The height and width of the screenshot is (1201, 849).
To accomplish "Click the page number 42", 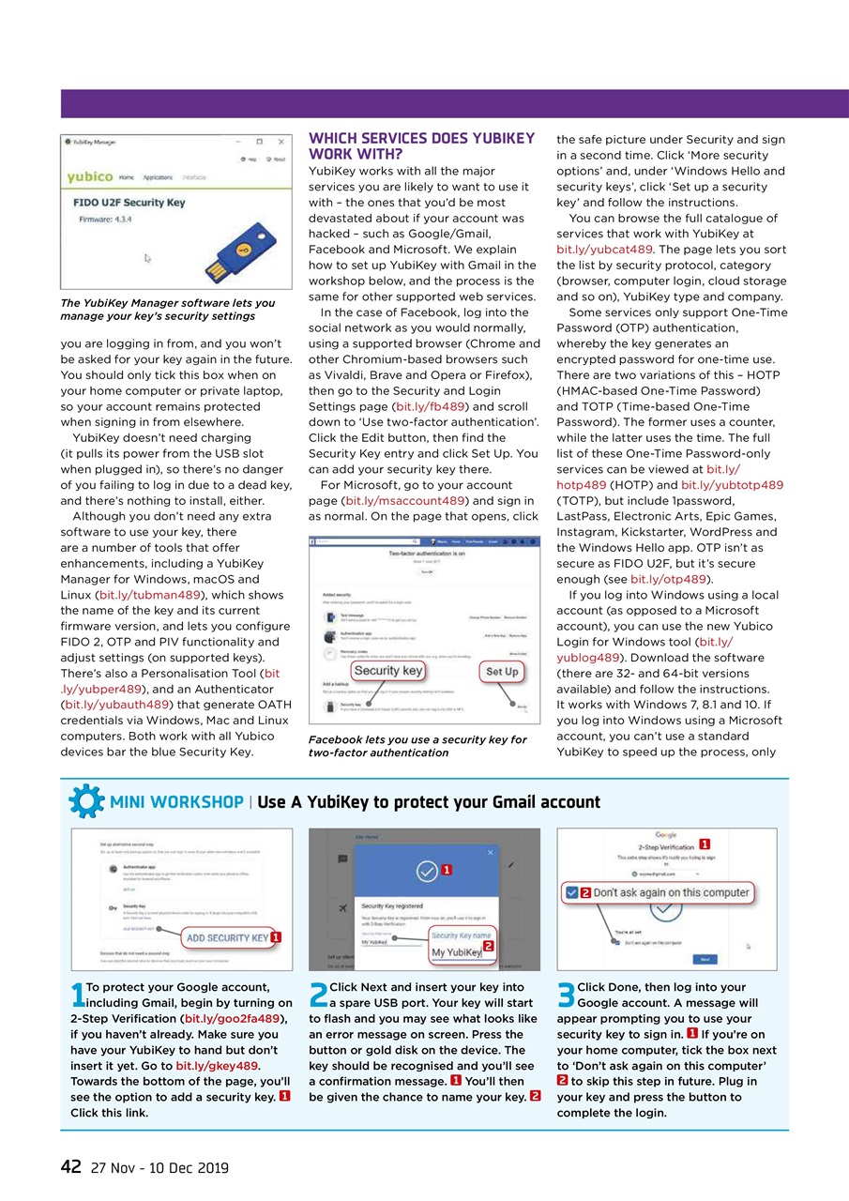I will (70, 1166).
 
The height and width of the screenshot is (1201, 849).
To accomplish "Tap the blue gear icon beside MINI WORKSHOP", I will (86, 802).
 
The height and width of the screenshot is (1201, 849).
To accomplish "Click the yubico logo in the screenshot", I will (90, 177).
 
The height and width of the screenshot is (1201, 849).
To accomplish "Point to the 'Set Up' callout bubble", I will (502, 672).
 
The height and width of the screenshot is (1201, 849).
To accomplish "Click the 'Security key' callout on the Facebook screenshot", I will (387, 671).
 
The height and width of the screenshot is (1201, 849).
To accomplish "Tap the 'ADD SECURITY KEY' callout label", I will (226, 937).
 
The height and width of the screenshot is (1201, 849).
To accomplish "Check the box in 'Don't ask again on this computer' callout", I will (571, 892).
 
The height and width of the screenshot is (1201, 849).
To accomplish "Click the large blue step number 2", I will (318, 996).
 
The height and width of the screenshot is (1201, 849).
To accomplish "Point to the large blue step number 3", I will (566, 996).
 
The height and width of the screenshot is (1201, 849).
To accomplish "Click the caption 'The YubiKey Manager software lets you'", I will (167, 303).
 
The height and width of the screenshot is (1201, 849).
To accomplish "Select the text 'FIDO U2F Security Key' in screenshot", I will (129, 202).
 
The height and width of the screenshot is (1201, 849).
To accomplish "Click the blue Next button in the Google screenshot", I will (705, 959).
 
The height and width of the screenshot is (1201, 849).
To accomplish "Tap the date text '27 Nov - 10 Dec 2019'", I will (159, 1168).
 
